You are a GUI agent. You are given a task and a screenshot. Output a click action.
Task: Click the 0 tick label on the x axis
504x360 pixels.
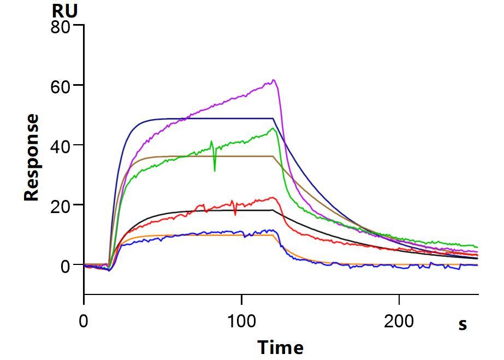83,321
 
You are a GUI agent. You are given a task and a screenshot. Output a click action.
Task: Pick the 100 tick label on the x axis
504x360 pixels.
241,321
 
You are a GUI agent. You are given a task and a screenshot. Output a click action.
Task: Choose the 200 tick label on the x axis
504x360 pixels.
399,321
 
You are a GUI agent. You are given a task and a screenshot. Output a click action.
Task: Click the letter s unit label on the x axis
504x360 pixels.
463,324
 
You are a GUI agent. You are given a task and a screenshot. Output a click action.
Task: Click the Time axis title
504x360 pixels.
280,347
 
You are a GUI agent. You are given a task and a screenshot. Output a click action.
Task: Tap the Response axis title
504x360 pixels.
32,157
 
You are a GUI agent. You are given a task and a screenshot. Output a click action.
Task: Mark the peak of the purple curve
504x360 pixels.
274,80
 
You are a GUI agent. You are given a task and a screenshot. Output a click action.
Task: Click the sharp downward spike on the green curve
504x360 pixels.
215,170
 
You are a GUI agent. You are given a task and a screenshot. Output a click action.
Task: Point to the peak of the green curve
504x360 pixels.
273,128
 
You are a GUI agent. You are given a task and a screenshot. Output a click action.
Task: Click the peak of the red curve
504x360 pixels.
273,198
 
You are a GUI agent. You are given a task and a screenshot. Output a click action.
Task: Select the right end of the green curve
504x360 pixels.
477,247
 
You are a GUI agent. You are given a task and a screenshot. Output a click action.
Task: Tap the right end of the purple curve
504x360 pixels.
477,252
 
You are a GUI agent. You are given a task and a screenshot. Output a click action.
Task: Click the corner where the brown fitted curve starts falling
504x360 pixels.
274,156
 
